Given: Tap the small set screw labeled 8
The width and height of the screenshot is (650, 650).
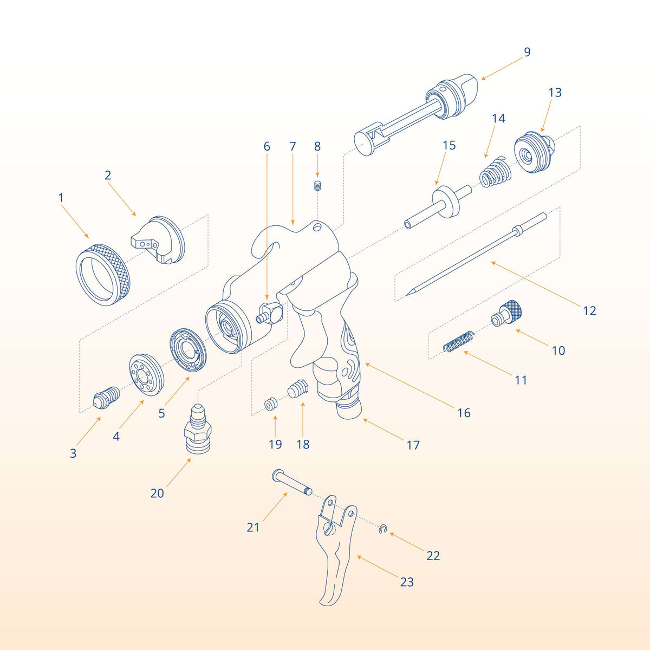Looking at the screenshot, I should (317, 186).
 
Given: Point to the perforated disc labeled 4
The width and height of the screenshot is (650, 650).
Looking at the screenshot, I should (146, 374).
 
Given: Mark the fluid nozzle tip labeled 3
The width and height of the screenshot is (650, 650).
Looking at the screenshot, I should (106, 399).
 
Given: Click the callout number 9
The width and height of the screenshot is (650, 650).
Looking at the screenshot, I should (527, 53).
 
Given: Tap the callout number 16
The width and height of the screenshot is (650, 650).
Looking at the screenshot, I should (464, 413).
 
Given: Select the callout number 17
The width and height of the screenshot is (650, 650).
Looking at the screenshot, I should (413, 445).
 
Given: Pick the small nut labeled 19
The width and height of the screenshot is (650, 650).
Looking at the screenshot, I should (271, 404).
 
